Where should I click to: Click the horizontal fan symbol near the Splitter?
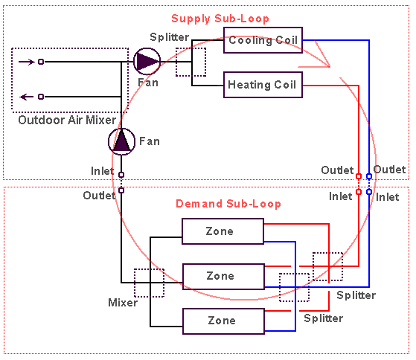(147, 62)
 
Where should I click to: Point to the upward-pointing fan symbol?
(121, 141)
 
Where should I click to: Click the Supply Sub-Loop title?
(220, 19)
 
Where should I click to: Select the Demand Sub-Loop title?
(228, 204)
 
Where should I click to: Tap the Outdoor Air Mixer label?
(67, 120)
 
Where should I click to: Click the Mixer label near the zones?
(123, 303)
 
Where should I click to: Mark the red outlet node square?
(359, 176)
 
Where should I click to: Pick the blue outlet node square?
(369, 176)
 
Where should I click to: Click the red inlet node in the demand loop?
(359, 192)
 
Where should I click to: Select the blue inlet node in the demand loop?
(369, 192)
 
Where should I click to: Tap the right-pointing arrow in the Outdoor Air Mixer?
(27, 62)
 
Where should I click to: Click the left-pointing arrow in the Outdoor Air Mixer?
(27, 97)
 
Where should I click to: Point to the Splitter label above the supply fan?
(169, 37)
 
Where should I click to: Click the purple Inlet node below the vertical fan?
(121, 175)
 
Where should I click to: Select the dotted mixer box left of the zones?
(134, 283)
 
